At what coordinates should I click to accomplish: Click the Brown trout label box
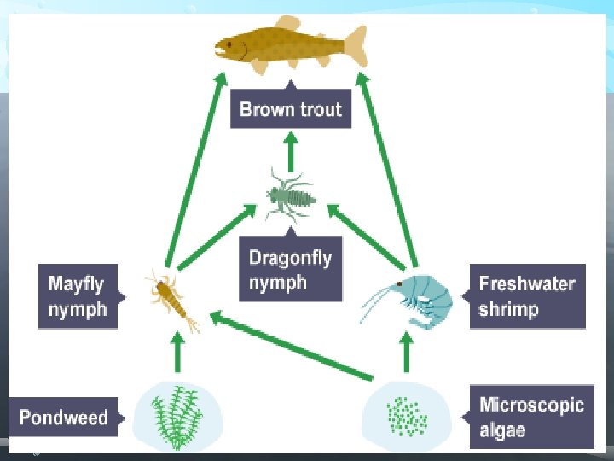291,109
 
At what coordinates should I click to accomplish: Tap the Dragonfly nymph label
291,270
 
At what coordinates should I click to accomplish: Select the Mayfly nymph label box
78,295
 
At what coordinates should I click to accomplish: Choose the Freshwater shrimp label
527,295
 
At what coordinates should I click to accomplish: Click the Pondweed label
64,417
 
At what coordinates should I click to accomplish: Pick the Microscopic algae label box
531,416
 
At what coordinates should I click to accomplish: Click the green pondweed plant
178,416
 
